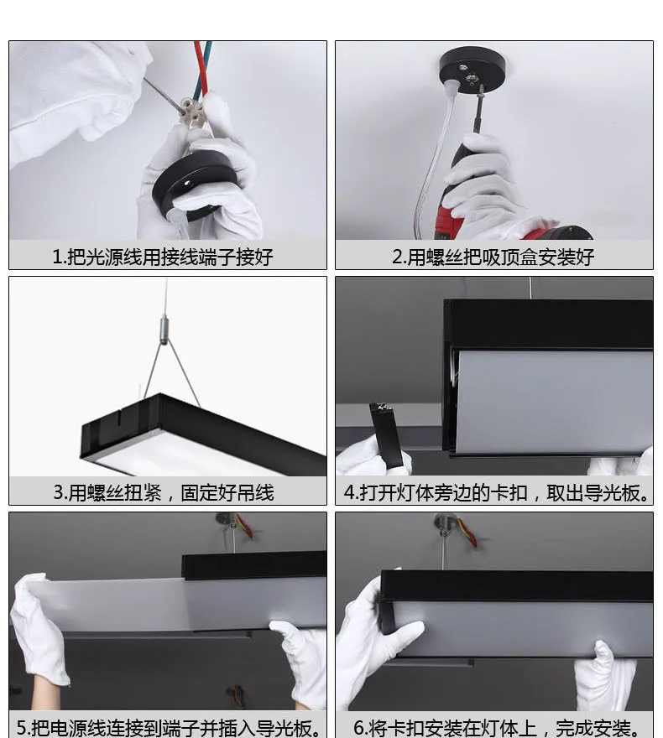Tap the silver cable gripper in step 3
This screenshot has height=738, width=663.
point(164,330)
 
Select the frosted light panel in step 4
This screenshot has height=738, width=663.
point(553,403)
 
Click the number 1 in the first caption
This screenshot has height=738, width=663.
point(57,257)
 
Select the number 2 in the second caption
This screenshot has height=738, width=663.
point(398,257)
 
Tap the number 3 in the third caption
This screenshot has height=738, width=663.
point(59,492)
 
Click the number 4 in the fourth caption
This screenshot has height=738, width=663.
point(349,492)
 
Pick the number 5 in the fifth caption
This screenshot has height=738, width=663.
point(22,728)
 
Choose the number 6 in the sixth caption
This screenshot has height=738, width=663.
point(359,728)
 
